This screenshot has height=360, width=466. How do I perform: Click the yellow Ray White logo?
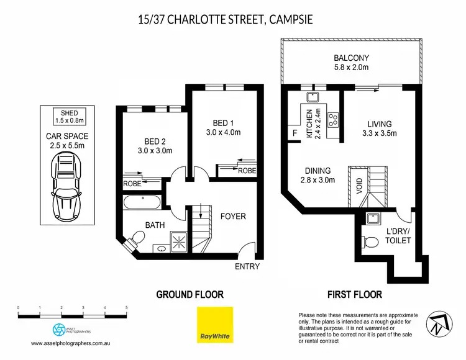(215, 325)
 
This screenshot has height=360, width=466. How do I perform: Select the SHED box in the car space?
(69, 117)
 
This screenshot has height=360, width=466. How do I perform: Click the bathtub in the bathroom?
(142, 203)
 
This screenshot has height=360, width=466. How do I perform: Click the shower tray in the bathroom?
(178, 243)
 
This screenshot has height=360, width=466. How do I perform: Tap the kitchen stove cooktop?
(333, 120)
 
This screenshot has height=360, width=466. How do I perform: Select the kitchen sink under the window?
(313, 97)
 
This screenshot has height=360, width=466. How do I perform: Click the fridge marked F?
(295, 133)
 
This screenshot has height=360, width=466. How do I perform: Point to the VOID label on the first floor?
(359, 186)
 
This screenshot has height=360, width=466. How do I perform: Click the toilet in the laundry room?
(370, 242)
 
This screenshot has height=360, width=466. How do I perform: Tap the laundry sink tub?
(372, 218)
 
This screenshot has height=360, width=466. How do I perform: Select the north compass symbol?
(439, 324)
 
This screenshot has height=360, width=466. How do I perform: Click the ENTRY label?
(247, 266)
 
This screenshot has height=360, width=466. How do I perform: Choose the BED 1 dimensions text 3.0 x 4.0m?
(223, 132)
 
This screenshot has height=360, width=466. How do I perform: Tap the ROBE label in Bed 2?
(132, 184)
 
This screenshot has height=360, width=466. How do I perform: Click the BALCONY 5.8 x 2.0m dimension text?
(351, 68)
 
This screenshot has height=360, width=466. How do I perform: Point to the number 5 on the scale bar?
(126, 308)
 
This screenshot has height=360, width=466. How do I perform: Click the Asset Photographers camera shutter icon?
(59, 330)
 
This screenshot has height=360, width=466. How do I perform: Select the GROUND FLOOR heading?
(190, 294)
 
